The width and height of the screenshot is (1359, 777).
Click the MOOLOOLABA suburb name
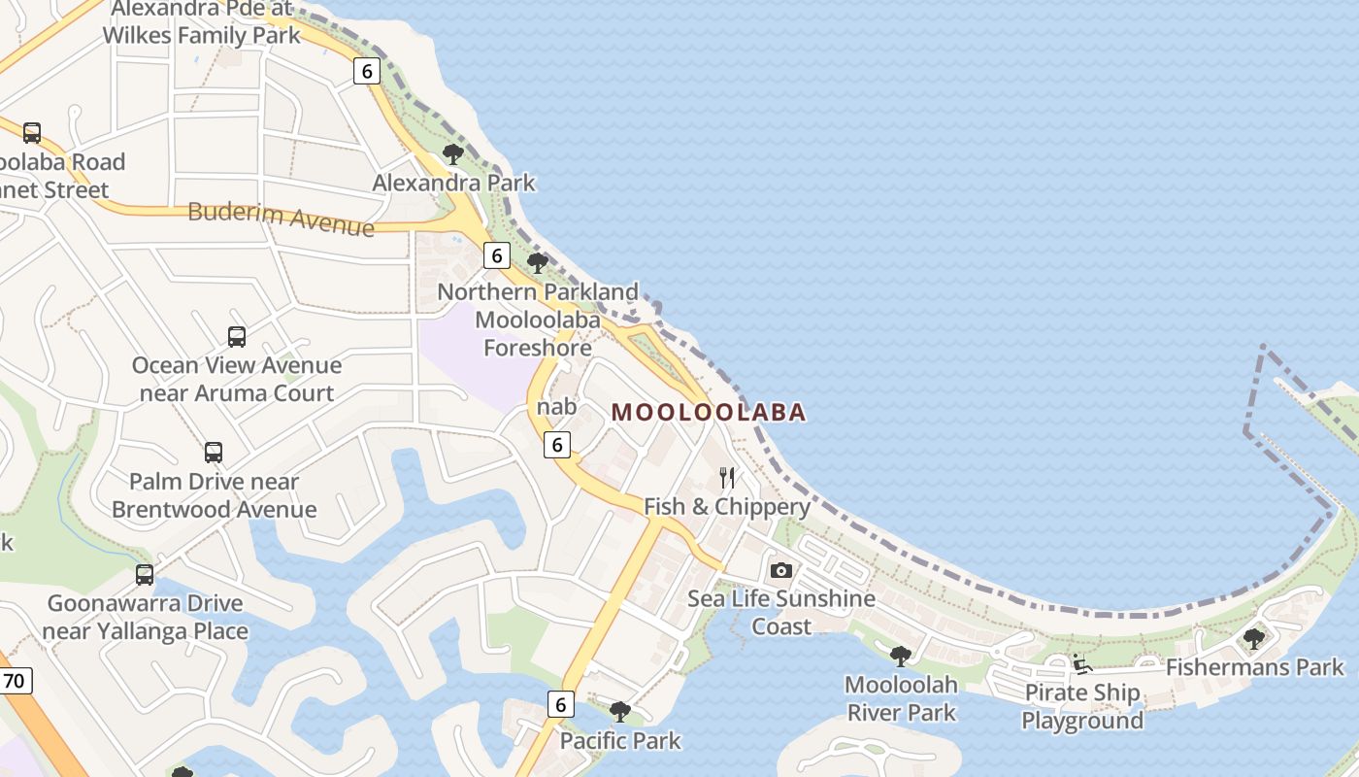709,412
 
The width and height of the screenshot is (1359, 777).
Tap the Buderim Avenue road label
281,217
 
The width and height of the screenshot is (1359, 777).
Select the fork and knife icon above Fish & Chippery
727,477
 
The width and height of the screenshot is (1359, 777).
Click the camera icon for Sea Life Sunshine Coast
781,570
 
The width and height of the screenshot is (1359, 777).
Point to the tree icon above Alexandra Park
453,153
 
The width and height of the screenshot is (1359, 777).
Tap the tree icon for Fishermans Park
1254,638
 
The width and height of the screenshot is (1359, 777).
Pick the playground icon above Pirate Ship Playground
1082,664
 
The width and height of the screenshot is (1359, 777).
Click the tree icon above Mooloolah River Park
901,656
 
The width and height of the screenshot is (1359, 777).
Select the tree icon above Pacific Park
620,712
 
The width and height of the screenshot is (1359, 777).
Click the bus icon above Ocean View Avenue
237,337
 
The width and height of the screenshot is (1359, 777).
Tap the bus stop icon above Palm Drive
214,453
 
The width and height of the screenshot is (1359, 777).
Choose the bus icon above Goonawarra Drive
145,575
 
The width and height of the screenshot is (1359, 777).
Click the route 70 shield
14,681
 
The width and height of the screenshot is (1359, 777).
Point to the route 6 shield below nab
556,445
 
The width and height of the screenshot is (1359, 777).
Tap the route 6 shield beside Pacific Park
560,703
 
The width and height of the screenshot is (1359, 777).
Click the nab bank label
556,406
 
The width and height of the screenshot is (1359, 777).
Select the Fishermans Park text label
1254,667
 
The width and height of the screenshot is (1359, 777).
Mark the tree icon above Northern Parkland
537,262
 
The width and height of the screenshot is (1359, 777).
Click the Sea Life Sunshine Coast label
781,612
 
